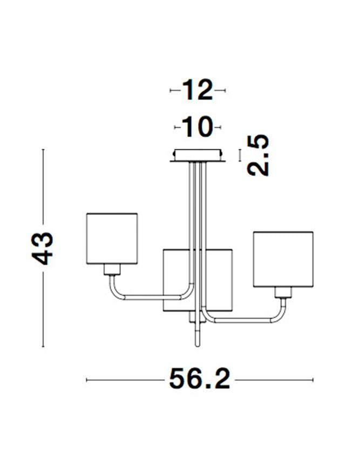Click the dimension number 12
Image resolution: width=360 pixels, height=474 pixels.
click(197, 90)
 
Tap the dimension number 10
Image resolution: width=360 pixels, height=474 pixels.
click(198, 127)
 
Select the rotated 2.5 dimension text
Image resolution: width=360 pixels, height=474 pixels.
click(258, 155)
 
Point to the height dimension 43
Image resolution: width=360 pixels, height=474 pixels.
click(42, 248)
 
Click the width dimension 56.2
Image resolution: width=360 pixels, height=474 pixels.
click(200, 379)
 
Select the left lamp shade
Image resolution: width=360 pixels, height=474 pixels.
click(112, 238)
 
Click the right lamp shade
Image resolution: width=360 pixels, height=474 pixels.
click(283, 259)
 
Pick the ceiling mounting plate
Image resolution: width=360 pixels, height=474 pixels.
click(198, 156)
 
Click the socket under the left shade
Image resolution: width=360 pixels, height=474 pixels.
click(112, 269)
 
